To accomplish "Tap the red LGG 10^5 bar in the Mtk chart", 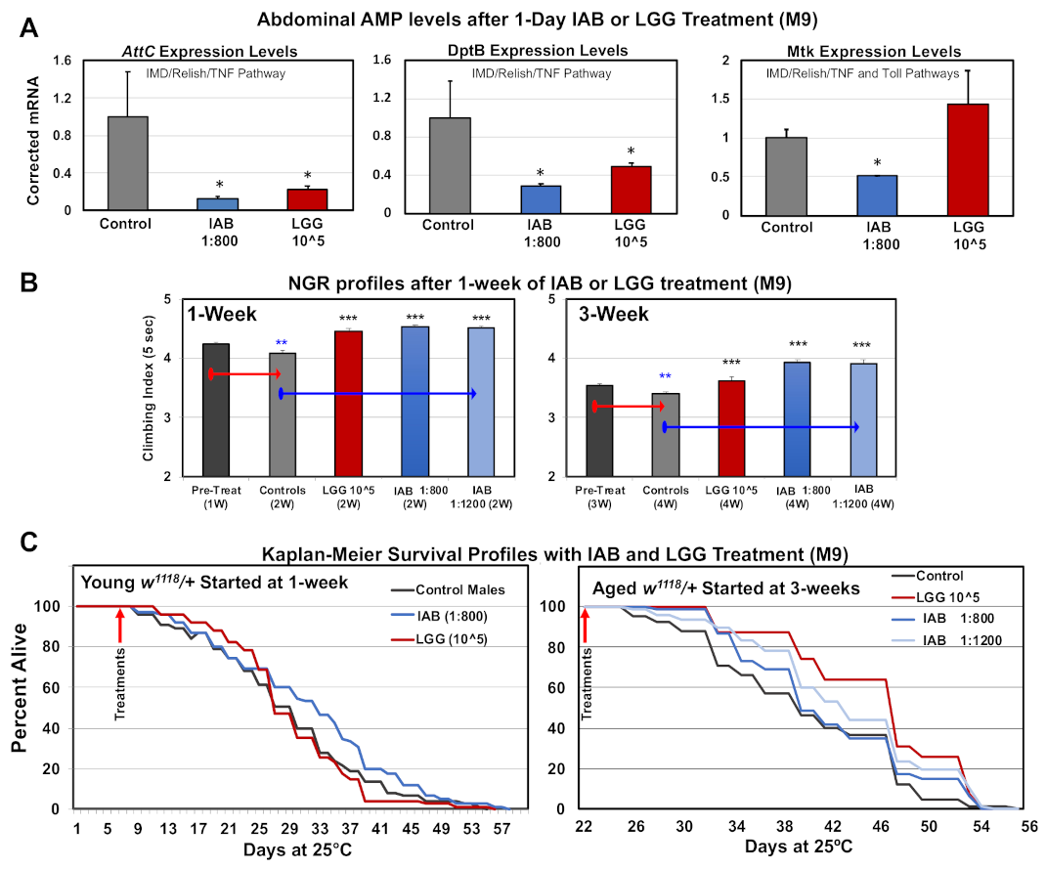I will click(968, 157).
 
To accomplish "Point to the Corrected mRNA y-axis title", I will click(33, 143).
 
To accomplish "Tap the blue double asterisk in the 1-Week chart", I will click(282, 343).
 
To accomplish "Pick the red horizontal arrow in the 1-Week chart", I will click(244, 374).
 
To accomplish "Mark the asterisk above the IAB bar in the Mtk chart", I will click(877, 163).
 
